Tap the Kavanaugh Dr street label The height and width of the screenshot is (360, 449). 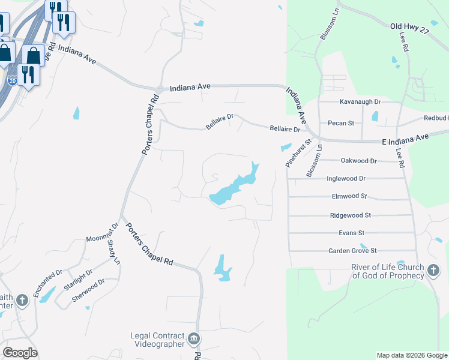pyautogui.click(x=360, y=102)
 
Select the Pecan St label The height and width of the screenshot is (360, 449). pyautogui.click(x=341, y=123)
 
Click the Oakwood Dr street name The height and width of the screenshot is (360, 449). pyautogui.click(x=358, y=161)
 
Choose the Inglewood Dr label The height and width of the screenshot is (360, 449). pyautogui.click(x=346, y=179)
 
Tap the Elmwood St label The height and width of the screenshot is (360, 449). pyautogui.click(x=349, y=196)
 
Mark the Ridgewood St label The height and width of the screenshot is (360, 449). pyautogui.click(x=351, y=215)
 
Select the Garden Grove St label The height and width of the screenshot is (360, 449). pyautogui.click(x=352, y=251)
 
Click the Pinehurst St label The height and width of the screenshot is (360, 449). pyautogui.click(x=297, y=154)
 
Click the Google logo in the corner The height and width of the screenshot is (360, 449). pyautogui.click(x=20, y=352)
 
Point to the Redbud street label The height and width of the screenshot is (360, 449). pyautogui.click(x=436, y=118)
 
